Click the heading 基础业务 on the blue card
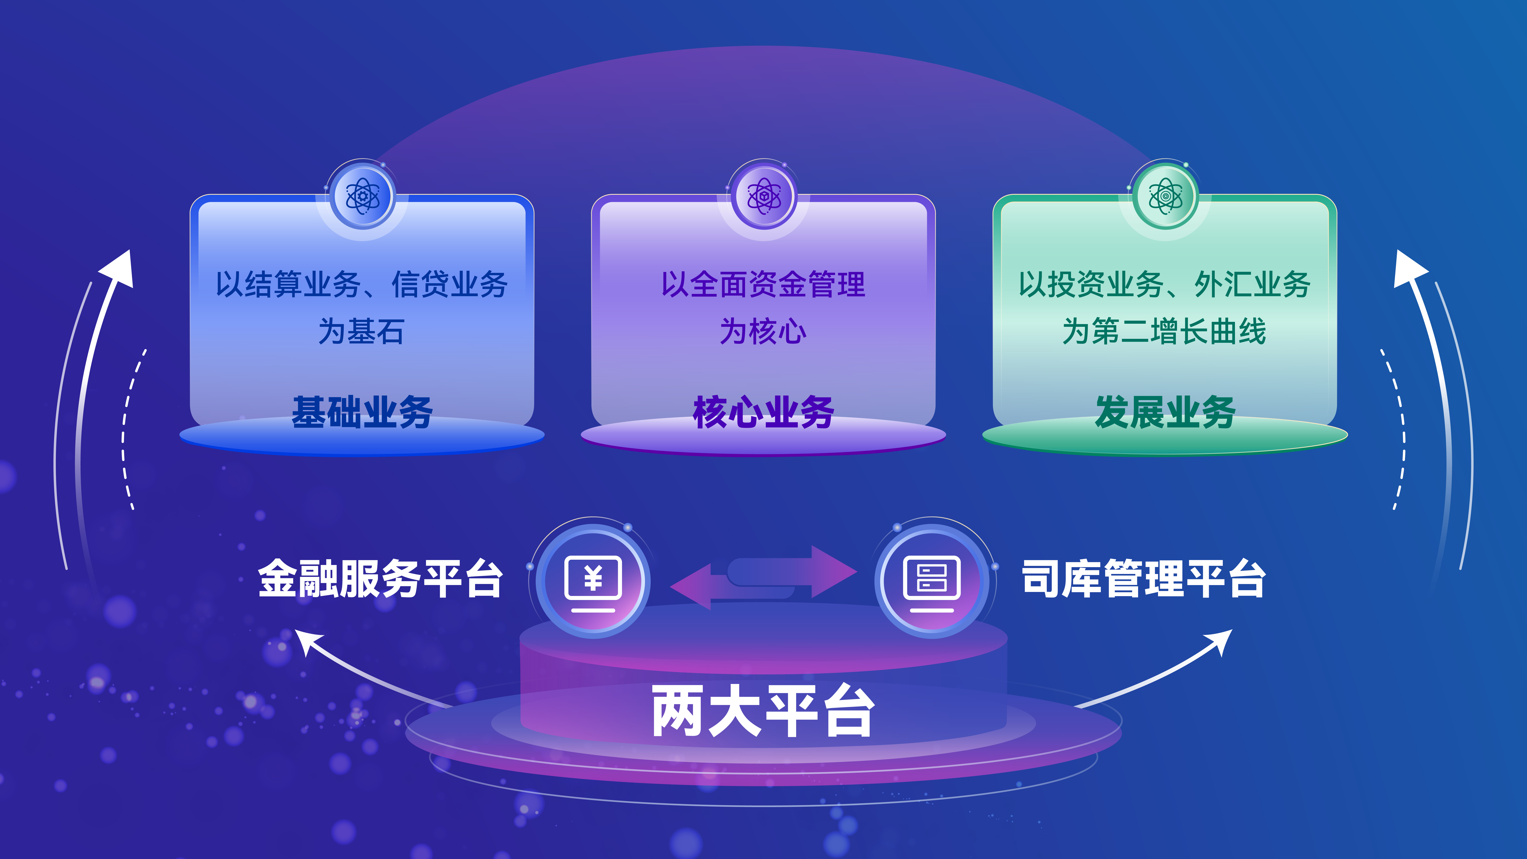362,412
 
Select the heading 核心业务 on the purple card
763,412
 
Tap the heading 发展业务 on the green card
1165,412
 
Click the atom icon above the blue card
362,196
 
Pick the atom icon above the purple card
763,196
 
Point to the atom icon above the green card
1165,196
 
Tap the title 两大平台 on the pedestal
763,710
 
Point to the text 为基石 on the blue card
362,331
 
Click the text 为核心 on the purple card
763,331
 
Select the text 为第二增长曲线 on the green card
1164,331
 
